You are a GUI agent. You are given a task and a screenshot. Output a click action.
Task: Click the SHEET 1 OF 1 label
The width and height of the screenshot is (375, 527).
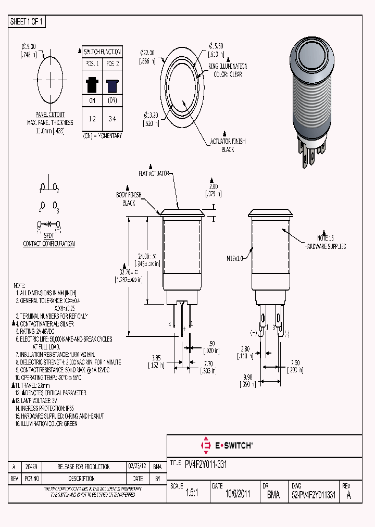[x=27, y=22]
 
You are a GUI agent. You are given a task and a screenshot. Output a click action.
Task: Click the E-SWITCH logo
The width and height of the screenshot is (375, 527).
[x=227, y=445]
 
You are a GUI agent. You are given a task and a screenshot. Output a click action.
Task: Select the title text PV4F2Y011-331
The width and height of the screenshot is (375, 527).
[x=206, y=463]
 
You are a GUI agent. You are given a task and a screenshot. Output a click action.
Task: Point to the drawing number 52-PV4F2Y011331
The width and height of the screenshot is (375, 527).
[x=315, y=495]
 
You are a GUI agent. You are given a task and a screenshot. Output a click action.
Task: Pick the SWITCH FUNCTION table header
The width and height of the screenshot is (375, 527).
[x=102, y=52]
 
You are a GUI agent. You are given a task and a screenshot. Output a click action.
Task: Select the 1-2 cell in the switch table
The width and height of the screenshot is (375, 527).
[x=92, y=119]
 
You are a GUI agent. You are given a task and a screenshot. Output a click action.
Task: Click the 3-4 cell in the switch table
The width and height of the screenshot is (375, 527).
[x=112, y=119]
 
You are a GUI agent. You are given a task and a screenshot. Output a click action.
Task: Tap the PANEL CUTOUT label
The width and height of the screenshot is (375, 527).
[x=50, y=115]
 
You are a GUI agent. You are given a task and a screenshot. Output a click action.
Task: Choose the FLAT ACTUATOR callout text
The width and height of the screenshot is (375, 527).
[x=154, y=172]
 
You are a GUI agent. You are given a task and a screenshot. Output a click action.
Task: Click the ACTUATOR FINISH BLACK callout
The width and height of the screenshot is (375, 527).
[x=227, y=145]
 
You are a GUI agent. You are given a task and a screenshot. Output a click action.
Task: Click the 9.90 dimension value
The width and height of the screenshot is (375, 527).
[x=247, y=377]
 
